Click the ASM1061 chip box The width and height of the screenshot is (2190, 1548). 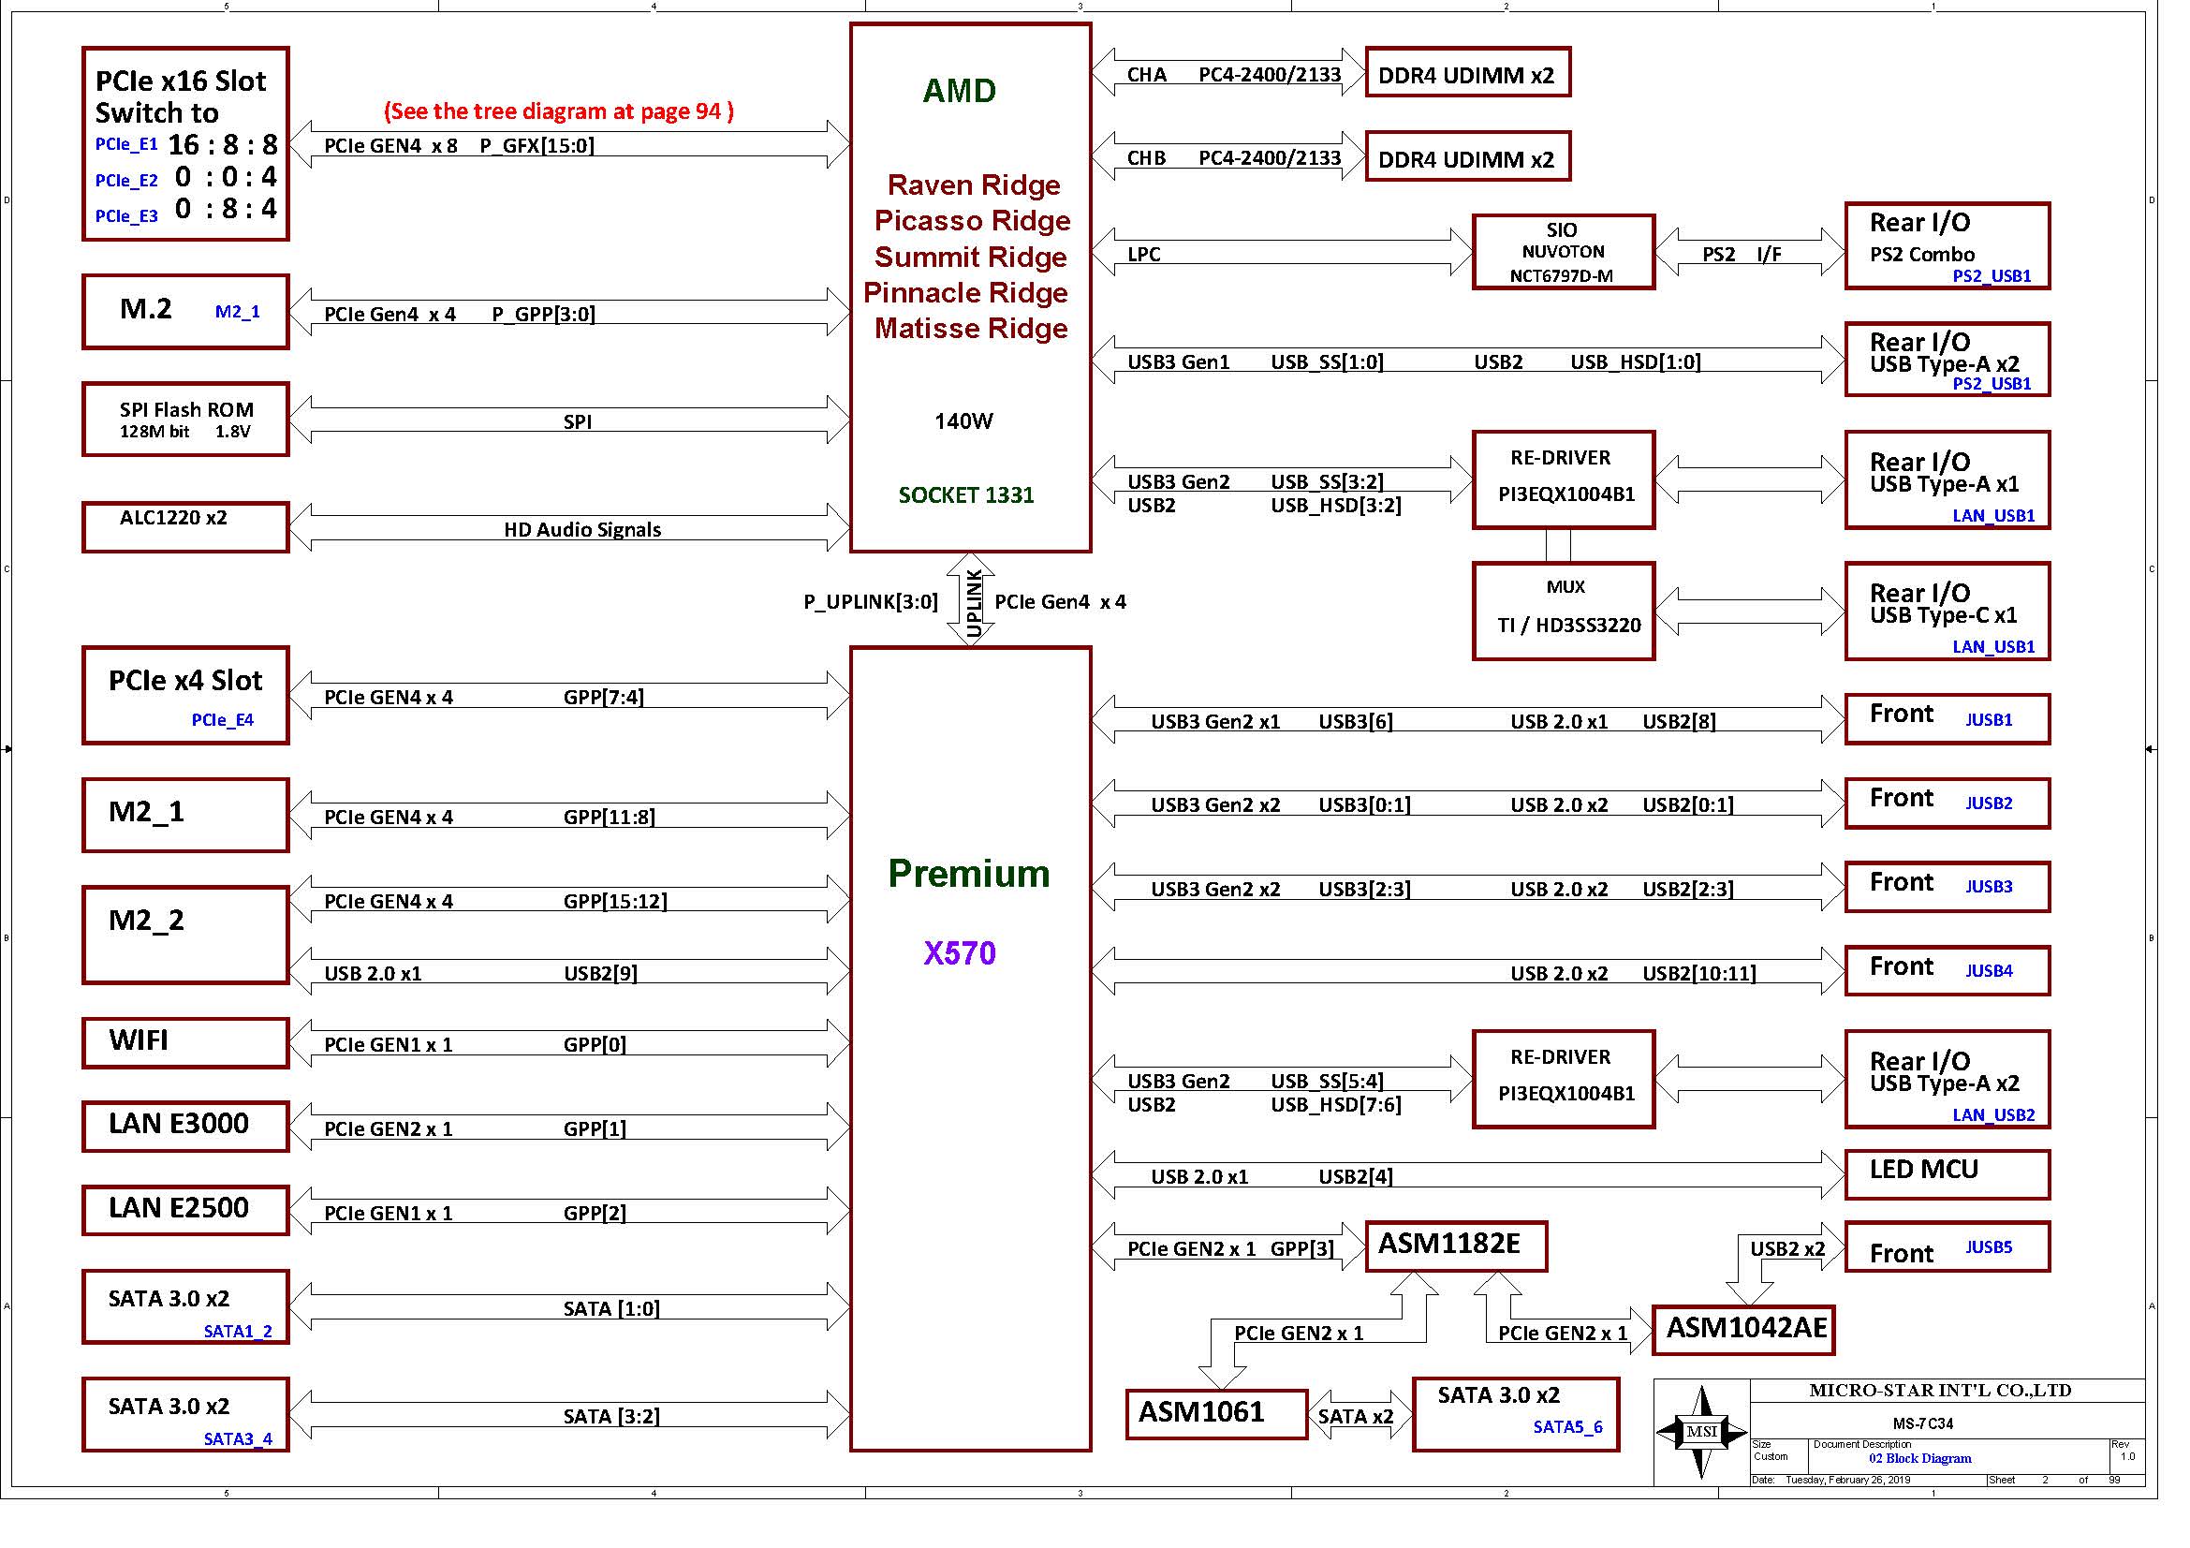[1216, 1413]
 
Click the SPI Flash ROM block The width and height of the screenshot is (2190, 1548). [186, 420]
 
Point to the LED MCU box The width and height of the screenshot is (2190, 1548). [1947, 1174]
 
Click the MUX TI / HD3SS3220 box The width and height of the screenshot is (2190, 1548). [1565, 611]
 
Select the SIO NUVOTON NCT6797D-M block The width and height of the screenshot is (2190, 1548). [1565, 252]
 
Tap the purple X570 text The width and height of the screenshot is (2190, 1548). [960, 952]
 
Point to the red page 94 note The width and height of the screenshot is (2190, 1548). [559, 111]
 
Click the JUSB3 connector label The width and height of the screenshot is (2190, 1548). [1989, 886]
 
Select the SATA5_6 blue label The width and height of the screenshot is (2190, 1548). [1568, 1427]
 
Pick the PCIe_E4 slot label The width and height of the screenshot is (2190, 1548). [222, 720]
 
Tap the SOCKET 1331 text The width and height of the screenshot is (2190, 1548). [966, 495]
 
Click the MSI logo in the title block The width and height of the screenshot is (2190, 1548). [1701, 1432]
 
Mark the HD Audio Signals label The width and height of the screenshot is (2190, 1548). [582, 529]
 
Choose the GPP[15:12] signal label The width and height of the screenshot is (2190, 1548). [615, 901]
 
